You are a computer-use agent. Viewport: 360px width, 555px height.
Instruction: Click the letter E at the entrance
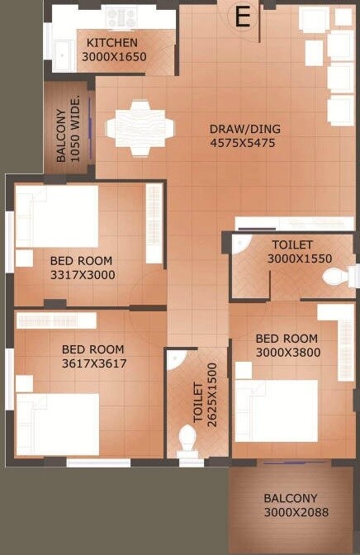[x=243, y=17]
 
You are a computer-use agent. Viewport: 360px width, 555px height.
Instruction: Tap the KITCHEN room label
[x=112, y=42]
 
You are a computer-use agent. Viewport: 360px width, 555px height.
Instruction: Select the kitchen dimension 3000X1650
[x=113, y=57]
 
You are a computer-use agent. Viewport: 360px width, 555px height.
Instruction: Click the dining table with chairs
[x=140, y=128]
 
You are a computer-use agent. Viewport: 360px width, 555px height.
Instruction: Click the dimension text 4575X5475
[x=242, y=143]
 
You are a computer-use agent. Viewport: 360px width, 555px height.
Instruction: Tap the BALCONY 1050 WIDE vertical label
[x=69, y=128]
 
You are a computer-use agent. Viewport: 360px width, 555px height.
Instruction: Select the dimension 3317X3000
[x=83, y=275]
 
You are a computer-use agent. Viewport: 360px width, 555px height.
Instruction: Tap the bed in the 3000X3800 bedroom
[x=277, y=410]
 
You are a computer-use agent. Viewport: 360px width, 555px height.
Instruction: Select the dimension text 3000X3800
[x=287, y=353]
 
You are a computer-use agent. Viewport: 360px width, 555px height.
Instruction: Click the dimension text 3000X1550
[x=299, y=259]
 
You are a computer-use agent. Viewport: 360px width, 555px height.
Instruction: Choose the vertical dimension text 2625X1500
[x=206, y=393]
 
